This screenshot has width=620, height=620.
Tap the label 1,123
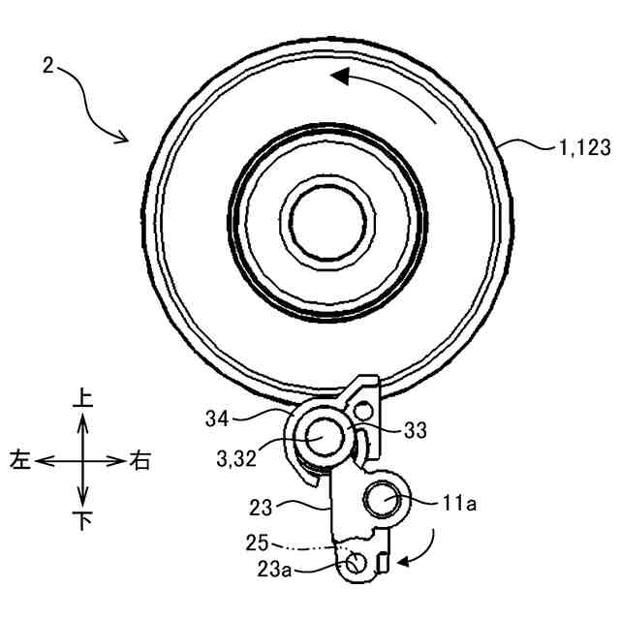pyautogui.click(x=583, y=147)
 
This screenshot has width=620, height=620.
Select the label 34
pyautogui.click(x=217, y=418)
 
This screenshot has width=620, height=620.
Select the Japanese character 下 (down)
pyautogui.click(x=82, y=522)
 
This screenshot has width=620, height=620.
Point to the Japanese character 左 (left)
pyautogui.click(x=20, y=460)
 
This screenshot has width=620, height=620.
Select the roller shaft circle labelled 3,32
pyautogui.click(x=317, y=437)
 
